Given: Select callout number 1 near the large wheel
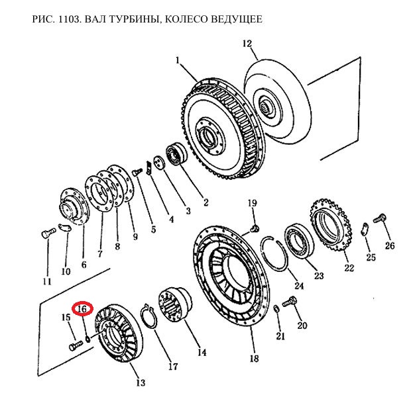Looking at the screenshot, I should coord(178,60).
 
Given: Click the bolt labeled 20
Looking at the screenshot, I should coord(289,302).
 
